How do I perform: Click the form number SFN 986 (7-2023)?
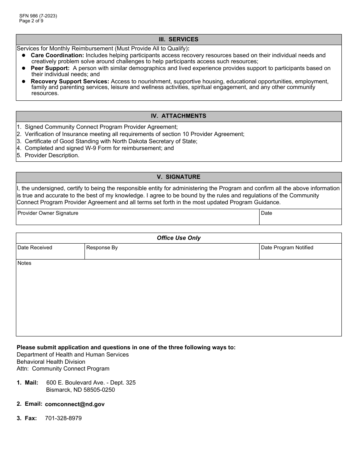pyautogui.click(x=38, y=16)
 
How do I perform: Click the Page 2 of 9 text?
pyautogui.click(x=31, y=21)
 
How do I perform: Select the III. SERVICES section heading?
pyautogui.click(x=178, y=39)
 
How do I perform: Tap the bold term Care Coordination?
pyautogui.click(x=57, y=55)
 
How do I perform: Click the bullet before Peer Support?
pyautogui.click(x=23, y=68)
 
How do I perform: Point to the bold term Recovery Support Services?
pyautogui.click(x=70, y=81)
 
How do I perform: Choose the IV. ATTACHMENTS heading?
pyautogui.click(x=178, y=116)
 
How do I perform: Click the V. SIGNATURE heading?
pyautogui.click(x=178, y=177)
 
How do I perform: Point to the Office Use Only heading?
pyautogui.click(x=178, y=238)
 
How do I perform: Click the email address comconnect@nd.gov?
pyautogui.click(x=75, y=404)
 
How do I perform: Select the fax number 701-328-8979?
pyautogui.click(x=63, y=418)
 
